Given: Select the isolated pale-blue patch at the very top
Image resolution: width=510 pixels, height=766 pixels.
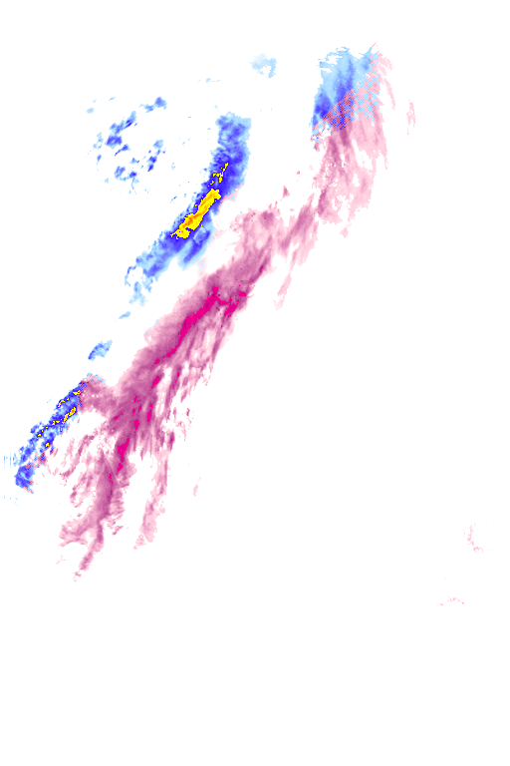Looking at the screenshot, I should (x=264, y=66).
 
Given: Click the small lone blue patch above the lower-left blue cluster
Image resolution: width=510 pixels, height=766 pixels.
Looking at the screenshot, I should (x=101, y=349).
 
